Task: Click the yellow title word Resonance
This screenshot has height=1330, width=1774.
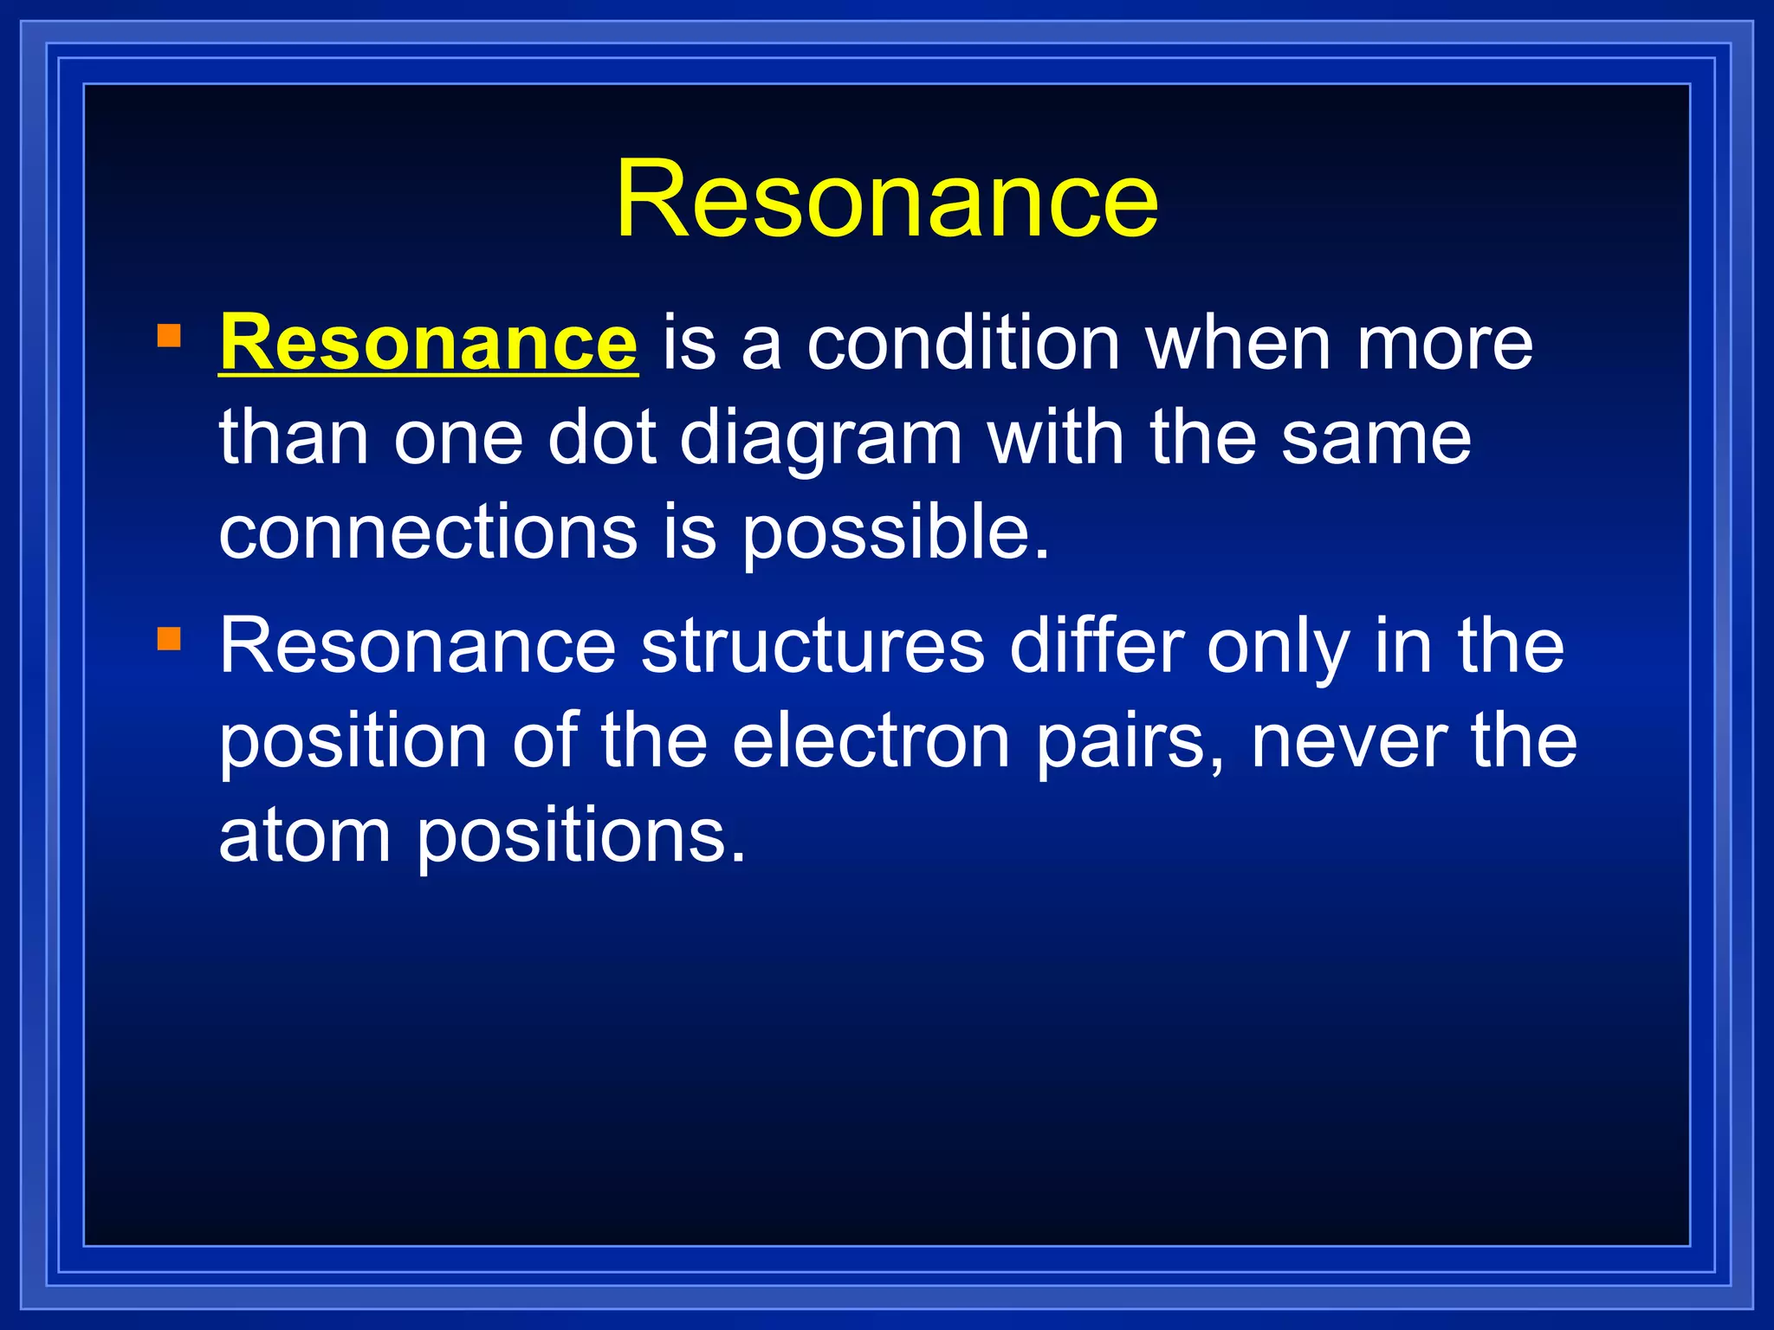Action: tap(886, 200)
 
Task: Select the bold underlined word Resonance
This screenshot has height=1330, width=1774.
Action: tap(429, 344)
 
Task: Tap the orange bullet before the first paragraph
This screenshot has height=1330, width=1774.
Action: tap(170, 335)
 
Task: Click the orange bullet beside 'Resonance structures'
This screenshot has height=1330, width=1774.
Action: tap(170, 639)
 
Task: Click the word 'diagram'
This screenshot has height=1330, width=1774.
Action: tap(820, 438)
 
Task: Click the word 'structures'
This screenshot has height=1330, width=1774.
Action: tap(813, 646)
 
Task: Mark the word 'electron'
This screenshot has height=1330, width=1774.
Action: tap(871, 741)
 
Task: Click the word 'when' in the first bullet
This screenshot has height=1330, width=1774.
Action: tap(1239, 344)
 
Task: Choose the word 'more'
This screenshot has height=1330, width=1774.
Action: tap(1445, 344)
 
